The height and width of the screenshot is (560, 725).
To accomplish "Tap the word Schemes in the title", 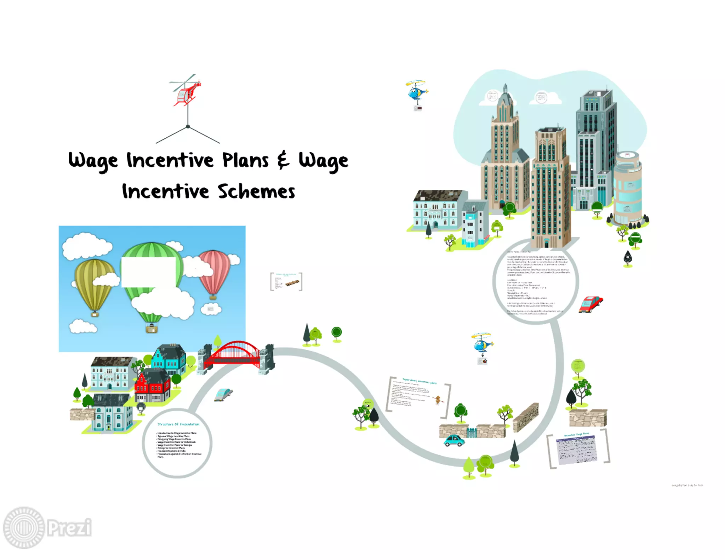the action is point(256,192).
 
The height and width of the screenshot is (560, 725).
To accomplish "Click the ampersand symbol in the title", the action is point(283,160).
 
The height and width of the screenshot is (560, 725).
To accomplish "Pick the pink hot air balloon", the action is point(215,271).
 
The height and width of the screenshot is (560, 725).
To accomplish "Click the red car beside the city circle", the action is point(590,304).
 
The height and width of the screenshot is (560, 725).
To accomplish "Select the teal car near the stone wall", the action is point(454,441).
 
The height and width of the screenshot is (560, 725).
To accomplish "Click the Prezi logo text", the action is point(69,527).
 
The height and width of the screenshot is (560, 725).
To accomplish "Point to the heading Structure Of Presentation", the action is point(178,424).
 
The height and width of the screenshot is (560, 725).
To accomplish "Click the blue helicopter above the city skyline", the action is point(417,91).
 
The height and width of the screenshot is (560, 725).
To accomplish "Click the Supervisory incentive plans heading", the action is point(419,382).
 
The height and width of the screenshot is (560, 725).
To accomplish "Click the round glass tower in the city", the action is point(628,188).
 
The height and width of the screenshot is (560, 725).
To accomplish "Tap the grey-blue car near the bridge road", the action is point(223,394).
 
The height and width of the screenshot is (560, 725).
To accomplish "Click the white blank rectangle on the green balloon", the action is point(149,272).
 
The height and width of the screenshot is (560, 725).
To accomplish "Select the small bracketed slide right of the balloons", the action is point(286,282).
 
